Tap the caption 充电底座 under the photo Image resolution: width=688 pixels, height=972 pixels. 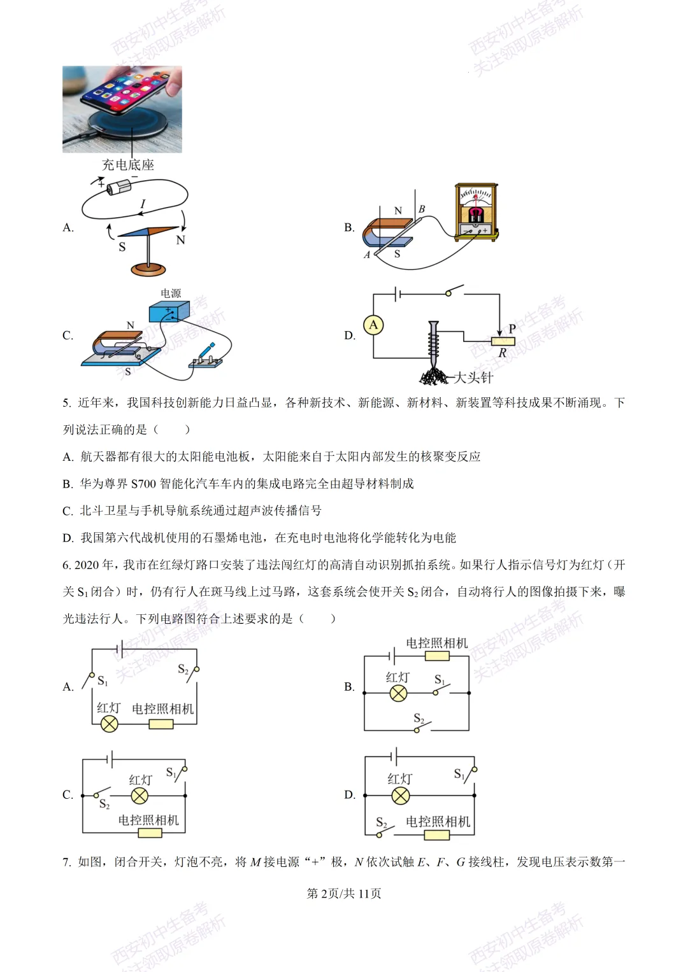pyautogui.click(x=128, y=165)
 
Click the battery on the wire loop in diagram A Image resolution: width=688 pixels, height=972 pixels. pyautogui.click(x=118, y=187)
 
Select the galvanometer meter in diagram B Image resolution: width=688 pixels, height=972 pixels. pyautogui.click(x=476, y=213)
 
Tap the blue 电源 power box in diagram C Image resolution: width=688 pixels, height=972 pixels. pyautogui.click(x=169, y=312)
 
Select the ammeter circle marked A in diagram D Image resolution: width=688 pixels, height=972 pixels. pyautogui.click(x=373, y=325)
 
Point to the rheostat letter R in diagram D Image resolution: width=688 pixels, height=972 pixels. pyautogui.click(x=502, y=353)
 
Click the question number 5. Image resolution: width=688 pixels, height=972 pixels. pyautogui.click(x=67, y=403)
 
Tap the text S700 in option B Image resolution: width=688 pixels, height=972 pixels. pyautogui.click(x=143, y=484)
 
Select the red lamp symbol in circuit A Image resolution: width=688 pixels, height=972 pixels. pyautogui.click(x=110, y=724)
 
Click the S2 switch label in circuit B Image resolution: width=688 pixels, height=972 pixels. pyautogui.click(x=419, y=718)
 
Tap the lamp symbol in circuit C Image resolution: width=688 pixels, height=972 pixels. pyautogui.click(x=140, y=796)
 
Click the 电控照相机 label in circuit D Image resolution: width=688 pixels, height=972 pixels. pyautogui.click(x=438, y=822)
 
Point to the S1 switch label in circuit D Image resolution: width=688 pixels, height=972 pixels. pyautogui.click(x=459, y=773)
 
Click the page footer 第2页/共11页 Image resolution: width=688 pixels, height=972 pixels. pyautogui.click(x=344, y=894)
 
